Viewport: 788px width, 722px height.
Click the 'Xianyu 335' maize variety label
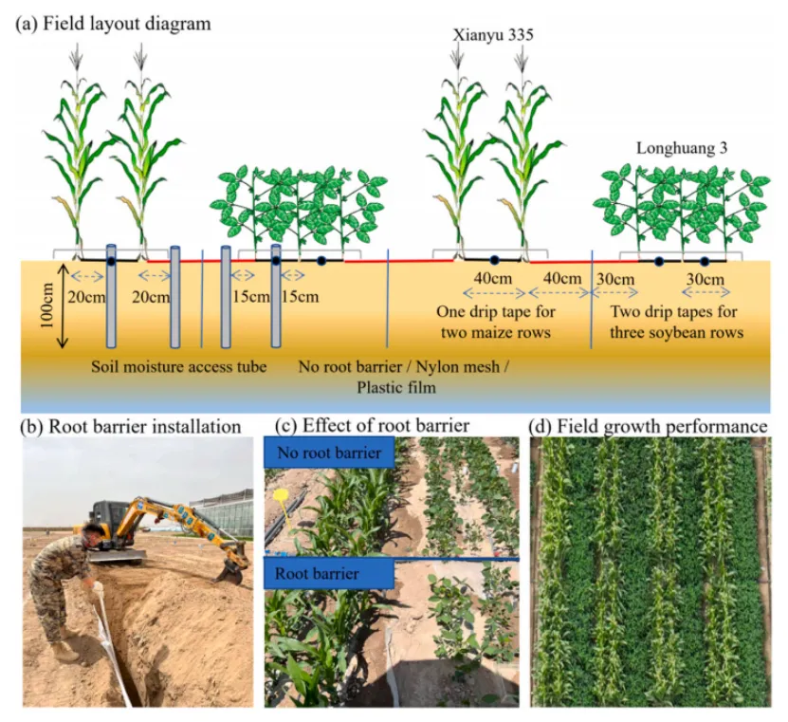tap(492, 35)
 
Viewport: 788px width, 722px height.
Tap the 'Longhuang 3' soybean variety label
tap(682, 148)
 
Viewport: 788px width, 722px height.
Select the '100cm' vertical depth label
tap(46, 305)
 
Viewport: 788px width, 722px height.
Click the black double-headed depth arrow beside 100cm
tap(63, 306)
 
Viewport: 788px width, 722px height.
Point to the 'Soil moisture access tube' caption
tap(178, 366)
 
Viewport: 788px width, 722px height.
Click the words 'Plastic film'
tap(396, 388)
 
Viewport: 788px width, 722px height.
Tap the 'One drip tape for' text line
tap(496, 312)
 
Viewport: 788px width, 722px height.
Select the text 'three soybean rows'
tap(676, 332)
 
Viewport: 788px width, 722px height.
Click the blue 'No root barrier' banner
tap(329, 453)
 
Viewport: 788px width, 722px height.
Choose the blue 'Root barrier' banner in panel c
tap(329, 574)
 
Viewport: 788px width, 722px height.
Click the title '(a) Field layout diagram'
tap(113, 24)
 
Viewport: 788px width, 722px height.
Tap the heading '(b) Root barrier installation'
tap(131, 427)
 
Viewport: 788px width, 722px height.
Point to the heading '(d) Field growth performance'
tap(649, 426)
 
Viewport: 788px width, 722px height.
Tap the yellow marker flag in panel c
tap(280, 496)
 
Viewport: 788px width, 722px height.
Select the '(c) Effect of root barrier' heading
tap(372, 426)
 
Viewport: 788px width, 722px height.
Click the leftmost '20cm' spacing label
tap(86, 297)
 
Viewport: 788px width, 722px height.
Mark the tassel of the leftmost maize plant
tap(77, 56)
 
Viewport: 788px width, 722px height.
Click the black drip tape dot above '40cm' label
tap(494, 260)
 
